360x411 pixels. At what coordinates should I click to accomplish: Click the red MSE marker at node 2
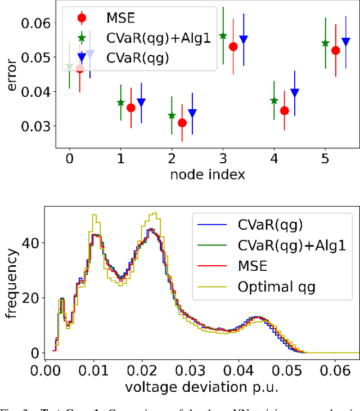pyautogui.click(x=182, y=123)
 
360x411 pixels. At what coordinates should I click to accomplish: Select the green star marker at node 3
pyautogui.click(x=223, y=36)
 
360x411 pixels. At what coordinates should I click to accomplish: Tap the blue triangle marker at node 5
pyautogui.click(x=345, y=42)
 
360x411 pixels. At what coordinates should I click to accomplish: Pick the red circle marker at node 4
pyautogui.click(x=285, y=110)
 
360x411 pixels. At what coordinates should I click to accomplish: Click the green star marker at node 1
pyautogui.click(x=120, y=102)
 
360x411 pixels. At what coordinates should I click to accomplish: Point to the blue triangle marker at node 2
pyautogui.click(x=192, y=113)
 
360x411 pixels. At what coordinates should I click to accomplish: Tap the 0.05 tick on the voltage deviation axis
pyautogui.click(x=291, y=371)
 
